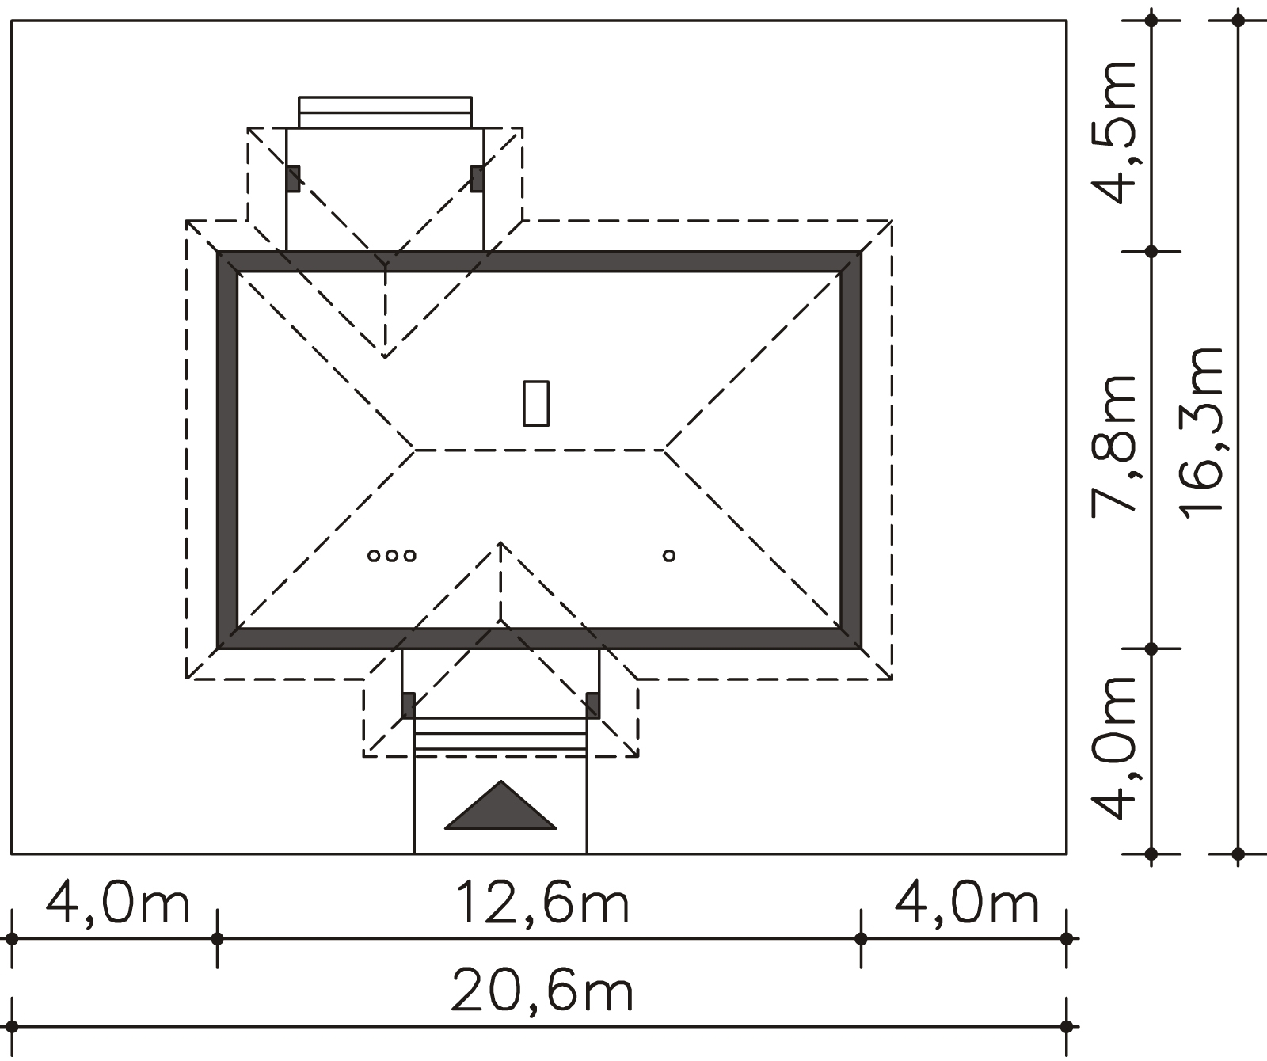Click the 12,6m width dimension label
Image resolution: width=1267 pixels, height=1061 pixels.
[543, 903]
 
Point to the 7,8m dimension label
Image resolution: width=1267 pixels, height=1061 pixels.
[1115, 445]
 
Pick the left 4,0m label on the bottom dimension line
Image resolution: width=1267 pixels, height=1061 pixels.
[118, 903]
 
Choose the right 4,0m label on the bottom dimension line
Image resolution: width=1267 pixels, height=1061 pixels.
[966, 903]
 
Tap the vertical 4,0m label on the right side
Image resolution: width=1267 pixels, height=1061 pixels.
[1115, 747]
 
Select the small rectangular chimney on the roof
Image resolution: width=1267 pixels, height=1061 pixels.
[536, 403]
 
